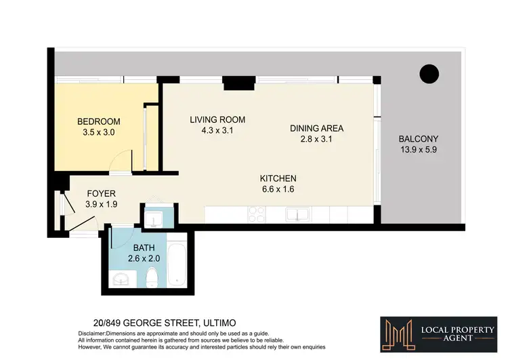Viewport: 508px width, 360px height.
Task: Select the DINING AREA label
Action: [x=316, y=128]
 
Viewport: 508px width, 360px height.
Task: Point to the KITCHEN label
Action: [x=278, y=179]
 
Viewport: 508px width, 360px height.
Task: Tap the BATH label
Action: [x=144, y=247]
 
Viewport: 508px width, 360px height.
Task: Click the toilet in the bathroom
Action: [x=152, y=277]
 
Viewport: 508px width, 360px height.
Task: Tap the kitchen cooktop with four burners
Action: [x=257, y=215]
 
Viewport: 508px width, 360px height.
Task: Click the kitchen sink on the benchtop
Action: [x=297, y=216]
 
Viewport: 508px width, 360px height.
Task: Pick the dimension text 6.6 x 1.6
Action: [x=278, y=190]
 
